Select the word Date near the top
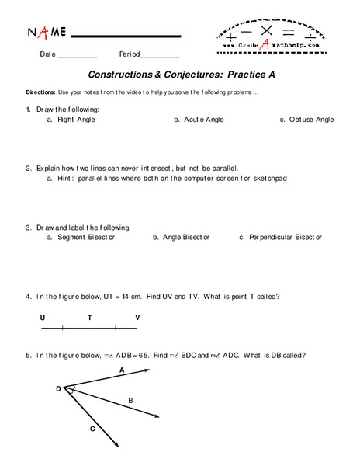48,55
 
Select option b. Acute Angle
198,120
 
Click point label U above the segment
43,317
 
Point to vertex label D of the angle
58,388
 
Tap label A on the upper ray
123,370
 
